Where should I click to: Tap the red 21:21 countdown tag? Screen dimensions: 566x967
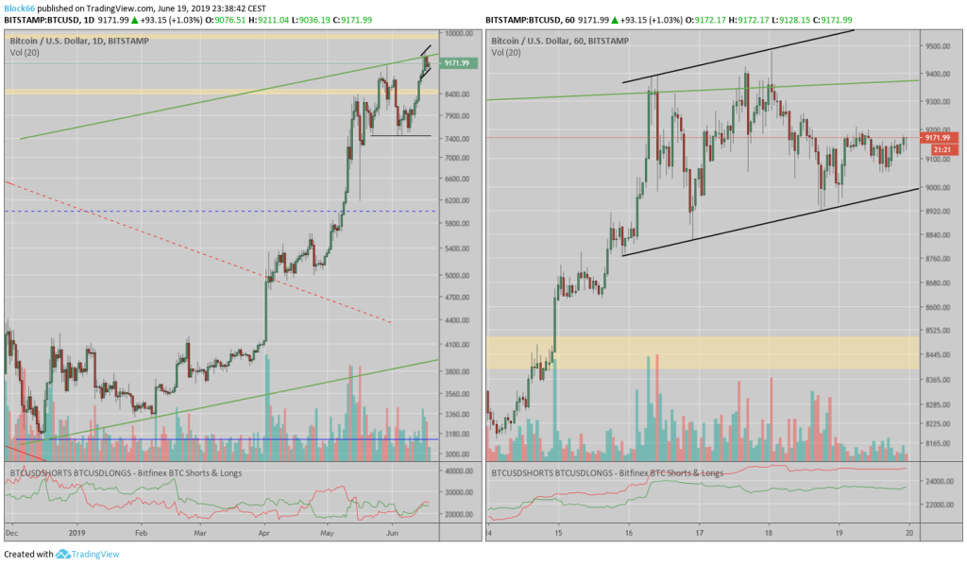(x=940, y=149)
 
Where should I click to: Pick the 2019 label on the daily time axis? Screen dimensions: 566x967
(x=76, y=532)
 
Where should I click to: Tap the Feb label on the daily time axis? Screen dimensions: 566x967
(x=142, y=532)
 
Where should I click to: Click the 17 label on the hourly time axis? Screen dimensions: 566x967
(x=699, y=532)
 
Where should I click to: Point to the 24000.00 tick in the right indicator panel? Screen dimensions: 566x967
(x=938, y=481)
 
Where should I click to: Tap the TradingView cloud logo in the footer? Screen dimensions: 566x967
(x=63, y=555)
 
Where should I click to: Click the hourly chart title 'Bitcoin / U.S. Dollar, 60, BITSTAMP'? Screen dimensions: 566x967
(x=560, y=42)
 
